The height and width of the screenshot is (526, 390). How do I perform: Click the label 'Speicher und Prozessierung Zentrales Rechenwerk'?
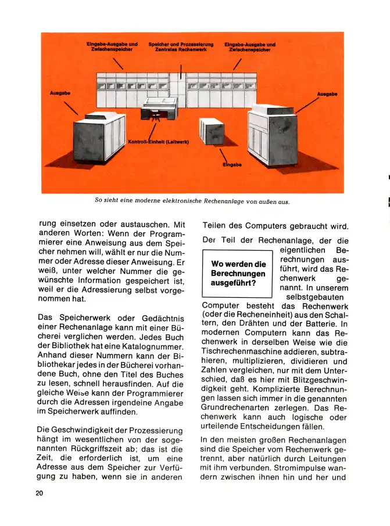coord(181,47)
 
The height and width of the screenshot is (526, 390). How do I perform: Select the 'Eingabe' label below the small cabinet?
coord(232,164)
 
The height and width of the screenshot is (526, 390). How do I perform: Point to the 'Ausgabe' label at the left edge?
coord(61,93)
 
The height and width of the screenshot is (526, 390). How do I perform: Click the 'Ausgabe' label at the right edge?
coord(327,94)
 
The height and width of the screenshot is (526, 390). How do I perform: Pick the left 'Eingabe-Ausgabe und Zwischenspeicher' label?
coord(112,47)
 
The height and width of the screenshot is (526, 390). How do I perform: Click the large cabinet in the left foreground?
coord(99,136)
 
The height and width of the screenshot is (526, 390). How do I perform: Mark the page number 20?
coord(40,493)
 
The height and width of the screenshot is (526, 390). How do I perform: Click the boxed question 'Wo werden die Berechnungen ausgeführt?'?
coord(238,273)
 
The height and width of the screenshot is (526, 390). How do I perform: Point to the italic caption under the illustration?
coord(192,201)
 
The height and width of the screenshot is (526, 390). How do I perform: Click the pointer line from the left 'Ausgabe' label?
coord(70,107)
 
